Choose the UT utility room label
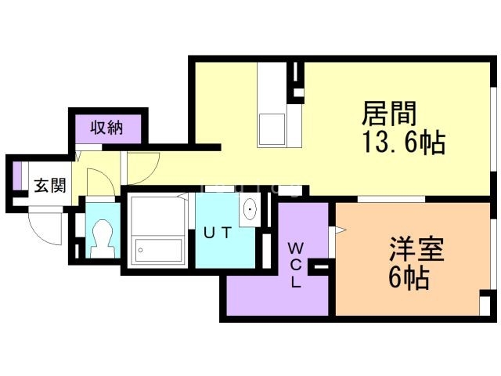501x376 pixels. (218, 233)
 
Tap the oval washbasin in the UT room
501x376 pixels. (251, 210)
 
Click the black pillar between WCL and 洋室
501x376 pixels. (320, 269)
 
